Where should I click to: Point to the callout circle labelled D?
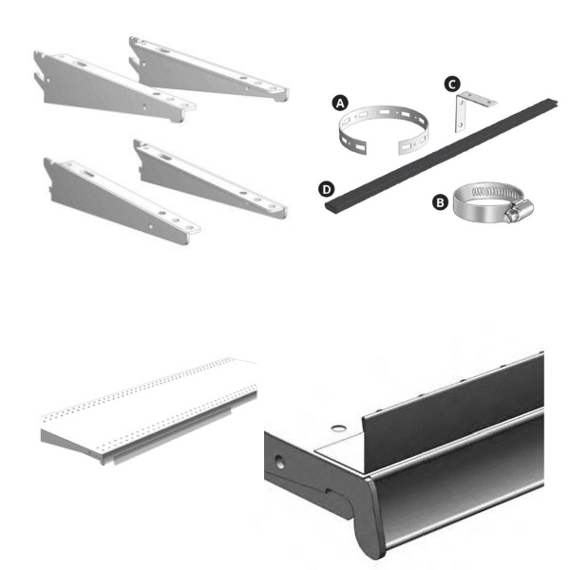(x=328, y=190)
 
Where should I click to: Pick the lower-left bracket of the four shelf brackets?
(x=119, y=196)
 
